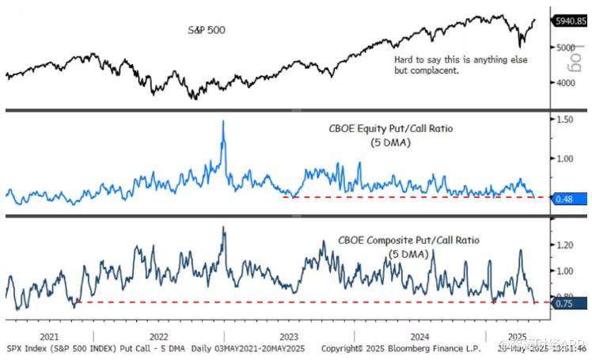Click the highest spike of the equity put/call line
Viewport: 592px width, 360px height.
click(x=223, y=121)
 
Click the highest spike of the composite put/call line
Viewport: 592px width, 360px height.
click(x=224, y=227)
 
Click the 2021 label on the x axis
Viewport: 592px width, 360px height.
click(x=49, y=335)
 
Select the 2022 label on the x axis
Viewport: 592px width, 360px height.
click(x=158, y=335)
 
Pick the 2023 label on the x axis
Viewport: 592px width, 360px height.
click(x=288, y=335)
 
